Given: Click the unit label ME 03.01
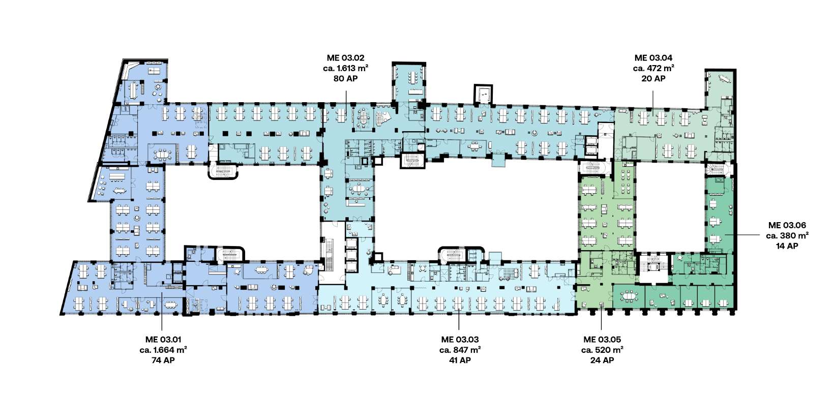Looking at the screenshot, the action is [x=163, y=340].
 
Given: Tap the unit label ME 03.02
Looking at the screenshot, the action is [x=345, y=57].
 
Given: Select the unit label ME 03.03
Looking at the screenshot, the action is [x=460, y=340].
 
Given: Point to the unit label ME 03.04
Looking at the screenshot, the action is [x=653, y=57].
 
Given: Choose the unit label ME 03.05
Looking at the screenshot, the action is [x=602, y=340].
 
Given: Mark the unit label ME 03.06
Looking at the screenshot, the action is [x=787, y=225].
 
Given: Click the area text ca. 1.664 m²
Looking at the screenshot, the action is [x=163, y=350].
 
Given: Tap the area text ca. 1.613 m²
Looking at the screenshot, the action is [x=345, y=68].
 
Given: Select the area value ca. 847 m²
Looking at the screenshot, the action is [x=460, y=350].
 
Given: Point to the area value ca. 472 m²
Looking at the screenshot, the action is [x=653, y=68].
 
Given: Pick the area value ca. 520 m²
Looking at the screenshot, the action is [x=602, y=350].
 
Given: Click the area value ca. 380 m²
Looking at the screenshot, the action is [x=787, y=235].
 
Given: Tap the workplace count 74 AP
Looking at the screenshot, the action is [x=163, y=360].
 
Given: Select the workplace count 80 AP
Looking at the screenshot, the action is [x=345, y=78].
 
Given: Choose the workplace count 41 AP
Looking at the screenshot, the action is [x=460, y=360].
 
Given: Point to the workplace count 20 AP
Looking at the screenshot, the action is [x=653, y=78].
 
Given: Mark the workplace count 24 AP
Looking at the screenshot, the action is [x=602, y=360].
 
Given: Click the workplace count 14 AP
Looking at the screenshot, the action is [x=787, y=246].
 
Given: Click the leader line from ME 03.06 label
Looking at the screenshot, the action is [x=742, y=235].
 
